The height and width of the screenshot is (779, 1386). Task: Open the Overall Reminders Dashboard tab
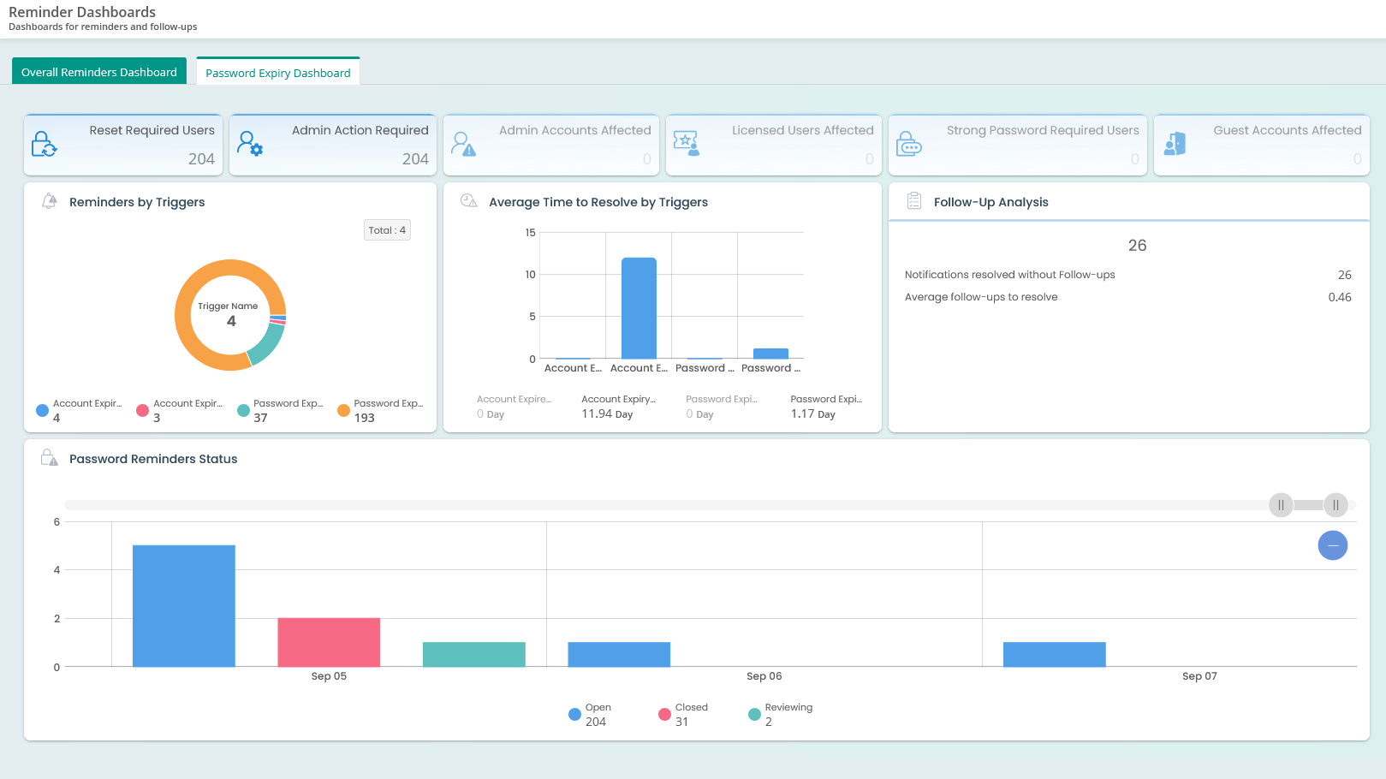click(99, 72)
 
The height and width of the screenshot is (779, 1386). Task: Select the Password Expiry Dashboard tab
click(278, 73)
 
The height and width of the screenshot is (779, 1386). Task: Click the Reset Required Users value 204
click(201, 158)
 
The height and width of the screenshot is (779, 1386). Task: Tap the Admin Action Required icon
click(250, 143)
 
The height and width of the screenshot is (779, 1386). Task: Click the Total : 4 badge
click(387, 230)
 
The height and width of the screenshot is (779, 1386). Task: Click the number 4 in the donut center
click(231, 321)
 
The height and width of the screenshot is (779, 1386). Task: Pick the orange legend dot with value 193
click(343, 411)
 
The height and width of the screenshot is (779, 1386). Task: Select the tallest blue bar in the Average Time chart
click(639, 308)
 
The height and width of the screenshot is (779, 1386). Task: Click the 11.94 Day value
click(607, 414)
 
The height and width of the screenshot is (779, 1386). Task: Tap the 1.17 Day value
click(812, 414)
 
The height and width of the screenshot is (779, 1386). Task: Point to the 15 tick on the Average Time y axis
click(531, 233)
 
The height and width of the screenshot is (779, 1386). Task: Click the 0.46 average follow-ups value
click(1339, 297)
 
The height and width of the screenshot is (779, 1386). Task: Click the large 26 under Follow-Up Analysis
click(1137, 246)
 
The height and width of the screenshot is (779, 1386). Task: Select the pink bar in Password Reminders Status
click(329, 642)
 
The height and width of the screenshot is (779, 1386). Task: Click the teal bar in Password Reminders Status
click(473, 654)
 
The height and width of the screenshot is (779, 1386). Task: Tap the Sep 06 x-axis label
click(764, 676)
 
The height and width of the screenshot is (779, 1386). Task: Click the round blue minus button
click(1332, 545)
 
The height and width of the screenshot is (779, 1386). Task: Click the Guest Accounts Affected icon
click(1175, 143)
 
